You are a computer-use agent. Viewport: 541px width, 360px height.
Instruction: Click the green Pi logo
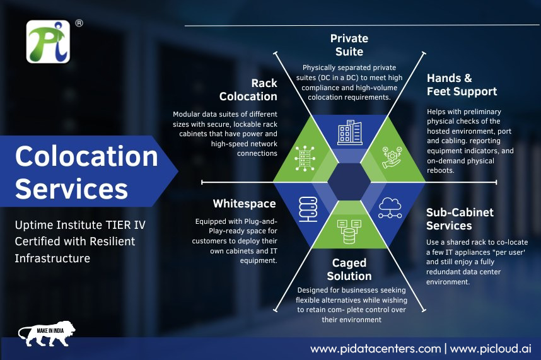[48, 42]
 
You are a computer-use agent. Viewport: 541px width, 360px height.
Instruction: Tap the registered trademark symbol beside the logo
[79, 23]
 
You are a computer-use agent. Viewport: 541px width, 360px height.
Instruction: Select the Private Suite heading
[349, 45]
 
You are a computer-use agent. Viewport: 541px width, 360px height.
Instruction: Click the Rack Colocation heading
[248, 90]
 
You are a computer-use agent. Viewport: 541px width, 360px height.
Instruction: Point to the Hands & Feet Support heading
[462, 85]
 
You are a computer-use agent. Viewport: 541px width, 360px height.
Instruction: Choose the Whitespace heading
[244, 204]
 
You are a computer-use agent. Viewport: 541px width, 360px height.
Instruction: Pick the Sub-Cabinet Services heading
[460, 219]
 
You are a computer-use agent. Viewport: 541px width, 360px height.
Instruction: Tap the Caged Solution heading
[349, 270]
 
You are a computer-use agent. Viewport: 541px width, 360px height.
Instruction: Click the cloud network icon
[390, 207]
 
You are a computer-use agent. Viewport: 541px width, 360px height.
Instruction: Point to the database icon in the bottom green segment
[349, 231]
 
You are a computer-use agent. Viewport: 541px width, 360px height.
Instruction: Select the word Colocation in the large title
[86, 156]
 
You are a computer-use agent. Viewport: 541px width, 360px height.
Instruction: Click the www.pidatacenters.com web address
[375, 349]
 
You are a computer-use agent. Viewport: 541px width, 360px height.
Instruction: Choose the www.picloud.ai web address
[491, 349]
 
